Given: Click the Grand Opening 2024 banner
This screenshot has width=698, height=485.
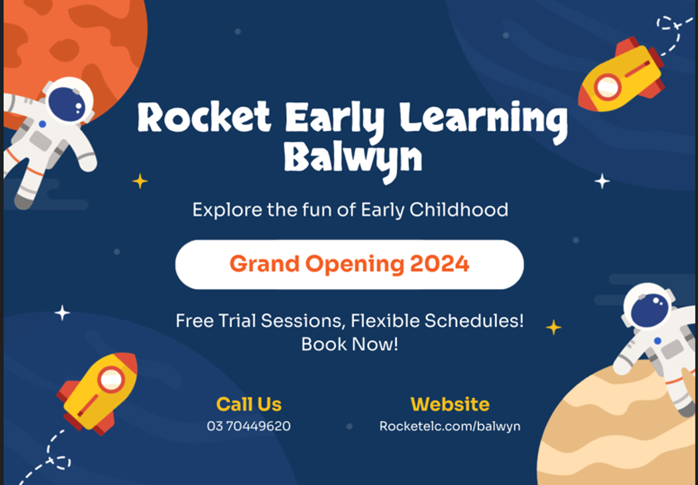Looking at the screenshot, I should point(349,264).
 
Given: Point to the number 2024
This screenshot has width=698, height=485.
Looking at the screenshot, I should point(439,264).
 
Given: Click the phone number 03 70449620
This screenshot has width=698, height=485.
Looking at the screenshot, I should point(249,426).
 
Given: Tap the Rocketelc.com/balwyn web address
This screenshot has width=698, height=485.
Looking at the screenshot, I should point(450,426).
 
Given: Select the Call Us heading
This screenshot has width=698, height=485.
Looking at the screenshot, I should point(249,404).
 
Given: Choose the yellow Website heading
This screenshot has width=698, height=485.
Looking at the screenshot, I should point(450,404).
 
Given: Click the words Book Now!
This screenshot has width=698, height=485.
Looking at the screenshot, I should point(349,344).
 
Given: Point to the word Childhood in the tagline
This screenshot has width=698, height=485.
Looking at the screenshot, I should point(458,210).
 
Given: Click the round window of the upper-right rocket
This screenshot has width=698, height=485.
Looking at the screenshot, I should point(607,86).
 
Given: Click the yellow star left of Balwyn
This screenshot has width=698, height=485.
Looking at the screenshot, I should point(140,181).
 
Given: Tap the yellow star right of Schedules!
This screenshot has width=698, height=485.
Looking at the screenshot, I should point(554,327).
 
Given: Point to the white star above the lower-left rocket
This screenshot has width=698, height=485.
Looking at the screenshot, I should point(62,313).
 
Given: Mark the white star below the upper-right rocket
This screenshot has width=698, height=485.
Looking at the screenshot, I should point(602,181).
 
